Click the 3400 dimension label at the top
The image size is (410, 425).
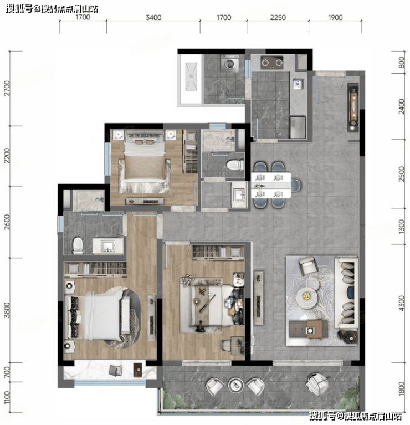pyautogui.click(x=153, y=18)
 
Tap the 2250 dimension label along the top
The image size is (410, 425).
pyautogui.click(x=278, y=18)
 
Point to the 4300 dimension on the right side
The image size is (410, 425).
pyautogui.click(x=401, y=303)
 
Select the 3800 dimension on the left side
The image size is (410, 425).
pyautogui.click(x=7, y=310)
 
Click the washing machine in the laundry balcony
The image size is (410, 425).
pyautogui.click(x=230, y=63)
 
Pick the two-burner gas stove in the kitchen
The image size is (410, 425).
pyautogui.click(x=272, y=63)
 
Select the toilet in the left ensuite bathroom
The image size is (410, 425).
pyautogui.click(x=78, y=246)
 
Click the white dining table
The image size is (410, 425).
pyautogui.click(x=271, y=185)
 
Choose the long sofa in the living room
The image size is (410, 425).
pyautogui.click(x=346, y=293)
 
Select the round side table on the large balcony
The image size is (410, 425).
pyautogui.click(x=234, y=385)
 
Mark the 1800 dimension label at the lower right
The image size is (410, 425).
pyautogui.click(x=401, y=388)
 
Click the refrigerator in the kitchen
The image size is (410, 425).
pyautogui.click(x=298, y=127)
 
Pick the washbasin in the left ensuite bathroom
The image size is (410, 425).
pyautogui.click(x=108, y=246)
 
